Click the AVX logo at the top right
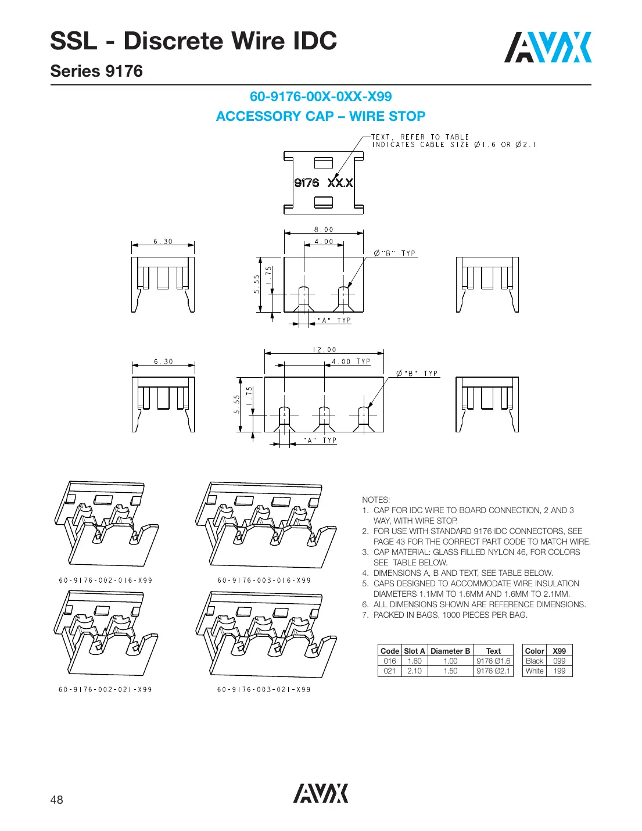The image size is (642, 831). [547, 48]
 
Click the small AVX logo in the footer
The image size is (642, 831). [320, 793]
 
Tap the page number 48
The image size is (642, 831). [56, 800]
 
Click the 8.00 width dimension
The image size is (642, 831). [324, 230]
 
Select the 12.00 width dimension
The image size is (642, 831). [324, 350]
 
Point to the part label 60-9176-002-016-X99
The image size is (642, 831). [106, 581]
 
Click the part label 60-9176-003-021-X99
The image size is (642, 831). [264, 690]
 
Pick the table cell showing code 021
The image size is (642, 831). [389, 671]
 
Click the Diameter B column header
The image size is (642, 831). [450, 651]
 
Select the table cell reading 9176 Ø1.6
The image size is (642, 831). [493, 661]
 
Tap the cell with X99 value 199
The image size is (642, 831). [559, 671]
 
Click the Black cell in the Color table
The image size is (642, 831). [534, 661]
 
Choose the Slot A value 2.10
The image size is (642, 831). [414, 671]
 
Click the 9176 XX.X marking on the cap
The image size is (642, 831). [324, 183]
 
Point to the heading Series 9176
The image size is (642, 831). [96, 71]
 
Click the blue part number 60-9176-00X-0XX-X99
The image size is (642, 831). [321, 96]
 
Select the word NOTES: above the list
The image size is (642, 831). [376, 500]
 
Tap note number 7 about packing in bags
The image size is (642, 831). [450, 615]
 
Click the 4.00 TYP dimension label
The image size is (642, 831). [350, 361]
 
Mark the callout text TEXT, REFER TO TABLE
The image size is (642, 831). [420, 137]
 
